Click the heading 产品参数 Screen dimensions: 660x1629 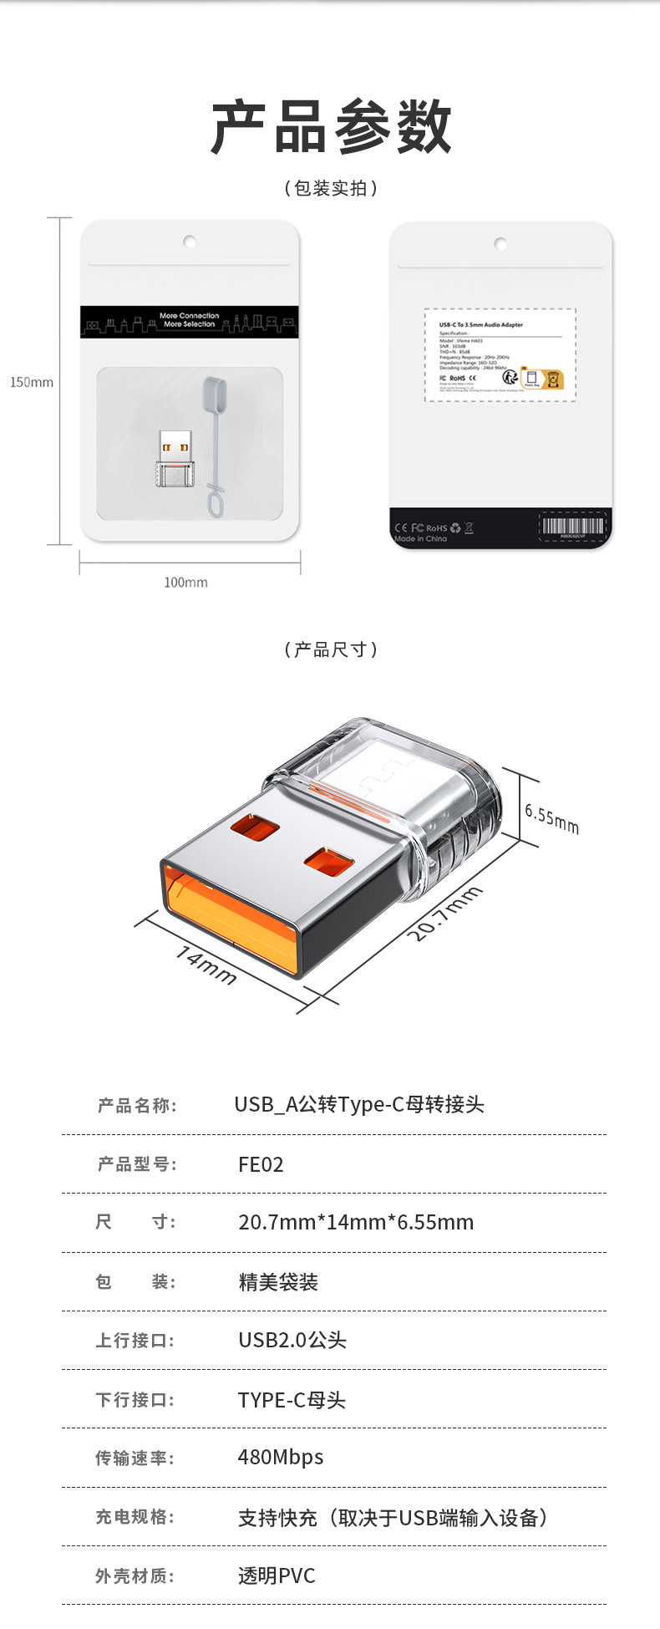[x=331, y=127]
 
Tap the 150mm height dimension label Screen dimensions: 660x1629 [x=32, y=382]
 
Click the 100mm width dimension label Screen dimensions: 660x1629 [x=185, y=582]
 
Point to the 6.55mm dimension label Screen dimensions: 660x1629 [x=551, y=817]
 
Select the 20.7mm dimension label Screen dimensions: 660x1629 [x=445, y=913]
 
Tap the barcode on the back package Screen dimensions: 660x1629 [x=572, y=527]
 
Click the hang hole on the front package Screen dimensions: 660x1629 [x=190, y=242]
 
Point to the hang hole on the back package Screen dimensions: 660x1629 [x=500, y=244]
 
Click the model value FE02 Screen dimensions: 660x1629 [x=261, y=1164]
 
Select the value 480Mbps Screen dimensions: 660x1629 [x=281, y=1457]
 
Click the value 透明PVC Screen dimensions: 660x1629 [x=277, y=1576]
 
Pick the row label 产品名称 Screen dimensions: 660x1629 [x=137, y=1106]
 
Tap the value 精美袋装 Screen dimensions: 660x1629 [x=278, y=1282]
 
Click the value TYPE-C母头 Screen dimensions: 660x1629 [x=292, y=1400]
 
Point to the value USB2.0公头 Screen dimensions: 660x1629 [x=292, y=1340]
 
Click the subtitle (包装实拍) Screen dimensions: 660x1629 [x=331, y=188]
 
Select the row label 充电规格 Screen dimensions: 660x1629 [x=135, y=1516]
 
